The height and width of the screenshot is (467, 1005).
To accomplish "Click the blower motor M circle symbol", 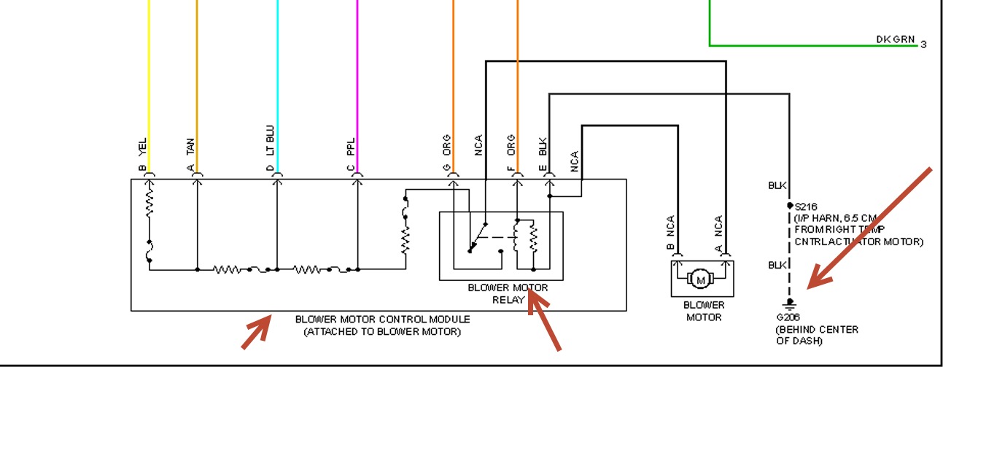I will [702, 279].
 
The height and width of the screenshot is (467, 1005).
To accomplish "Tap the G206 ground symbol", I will [788, 304].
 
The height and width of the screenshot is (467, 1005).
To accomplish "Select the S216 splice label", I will [806, 207].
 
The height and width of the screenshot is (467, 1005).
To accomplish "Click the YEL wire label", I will [143, 147].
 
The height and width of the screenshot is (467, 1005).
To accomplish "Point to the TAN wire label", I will [191, 147].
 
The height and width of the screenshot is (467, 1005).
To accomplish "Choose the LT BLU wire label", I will [271, 140].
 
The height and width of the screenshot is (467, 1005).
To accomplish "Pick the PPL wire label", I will [351, 146].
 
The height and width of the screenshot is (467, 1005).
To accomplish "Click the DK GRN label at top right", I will [896, 39].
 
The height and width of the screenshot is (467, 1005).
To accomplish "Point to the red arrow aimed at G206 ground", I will [868, 229].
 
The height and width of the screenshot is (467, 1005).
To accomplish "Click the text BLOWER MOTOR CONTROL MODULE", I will [382, 320].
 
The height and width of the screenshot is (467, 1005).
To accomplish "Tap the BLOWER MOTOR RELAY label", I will [508, 293].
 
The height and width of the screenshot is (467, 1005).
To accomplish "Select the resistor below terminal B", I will [150, 204].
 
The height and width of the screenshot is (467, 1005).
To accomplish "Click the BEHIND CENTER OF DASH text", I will [816, 335].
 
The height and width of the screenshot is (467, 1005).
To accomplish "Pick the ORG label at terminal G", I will [447, 144].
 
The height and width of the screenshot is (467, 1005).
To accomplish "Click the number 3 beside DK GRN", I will [923, 45].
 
